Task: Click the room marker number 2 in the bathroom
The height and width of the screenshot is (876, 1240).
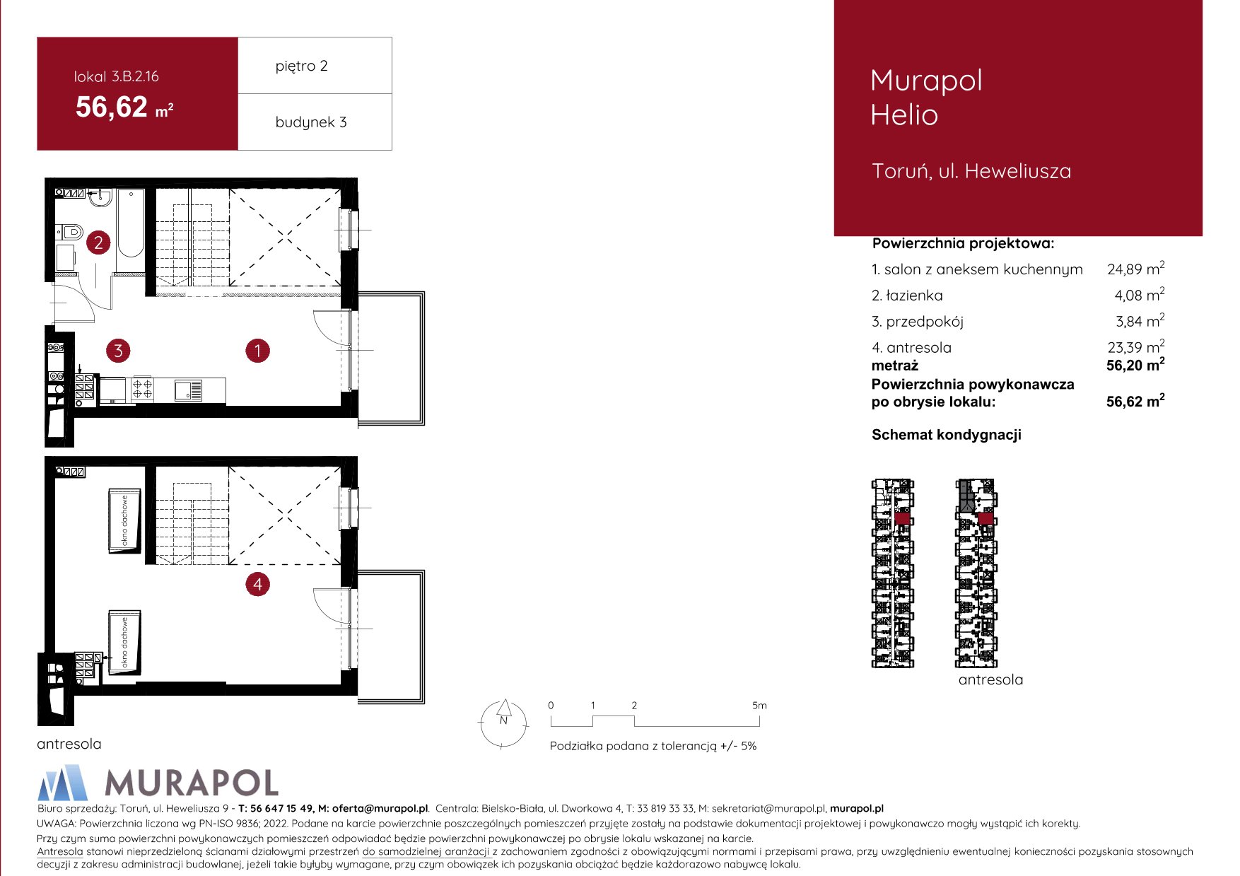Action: pos(98,243)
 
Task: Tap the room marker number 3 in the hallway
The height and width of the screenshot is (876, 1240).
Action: pos(118,350)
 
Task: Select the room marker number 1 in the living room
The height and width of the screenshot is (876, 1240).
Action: pos(257,350)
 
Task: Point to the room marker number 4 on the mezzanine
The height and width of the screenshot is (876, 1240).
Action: pos(257,585)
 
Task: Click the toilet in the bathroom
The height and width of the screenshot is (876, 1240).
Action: pos(71,231)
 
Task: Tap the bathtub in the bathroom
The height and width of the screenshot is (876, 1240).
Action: pos(131,223)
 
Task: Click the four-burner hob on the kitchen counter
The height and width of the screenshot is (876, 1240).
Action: pos(142,388)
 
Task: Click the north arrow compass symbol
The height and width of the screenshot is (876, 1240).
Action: pos(504,723)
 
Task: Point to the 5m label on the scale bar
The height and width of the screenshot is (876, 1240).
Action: pos(759,706)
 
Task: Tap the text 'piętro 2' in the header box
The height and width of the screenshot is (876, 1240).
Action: pos(302,66)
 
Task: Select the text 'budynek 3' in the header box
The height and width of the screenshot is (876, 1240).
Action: pos(311,122)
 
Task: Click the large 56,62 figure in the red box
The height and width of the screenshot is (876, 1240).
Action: pos(112,107)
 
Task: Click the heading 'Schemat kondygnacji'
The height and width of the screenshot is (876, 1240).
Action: pos(947,435)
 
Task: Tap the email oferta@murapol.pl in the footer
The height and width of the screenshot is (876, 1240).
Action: pos(380,809)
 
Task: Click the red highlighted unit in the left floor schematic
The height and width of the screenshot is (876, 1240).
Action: pos(901,518)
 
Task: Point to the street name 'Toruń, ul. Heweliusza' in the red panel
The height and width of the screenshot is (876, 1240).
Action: pos(971,171)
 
